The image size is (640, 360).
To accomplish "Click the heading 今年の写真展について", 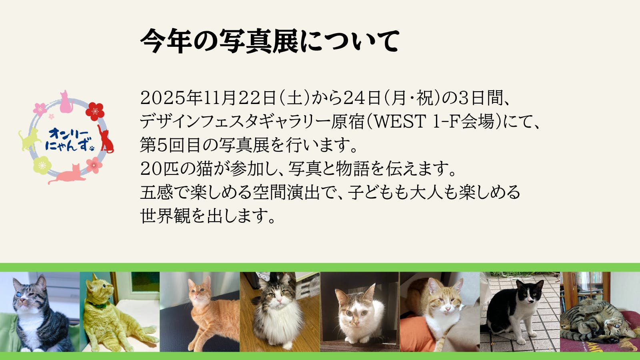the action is [x=270, y=41].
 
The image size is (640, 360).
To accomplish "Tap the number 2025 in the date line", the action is [x=163, y=98].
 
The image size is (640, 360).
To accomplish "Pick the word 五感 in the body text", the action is [x=156, y=192].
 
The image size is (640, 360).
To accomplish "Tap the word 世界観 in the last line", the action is [x=165, y=216].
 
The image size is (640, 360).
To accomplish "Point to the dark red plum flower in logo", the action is [x=95, y=111].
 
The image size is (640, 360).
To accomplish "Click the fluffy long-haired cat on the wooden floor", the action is [x=277, y=312].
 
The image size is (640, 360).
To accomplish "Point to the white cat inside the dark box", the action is [x=360, y=314].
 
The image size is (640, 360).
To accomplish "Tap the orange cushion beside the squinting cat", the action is [x=415, y=333].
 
